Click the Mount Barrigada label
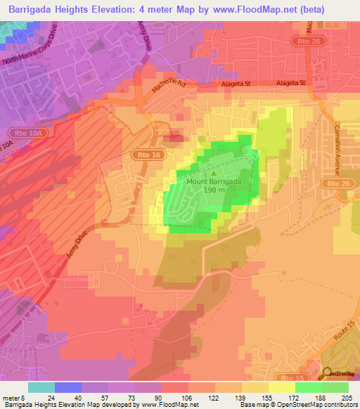213,181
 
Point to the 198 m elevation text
214,189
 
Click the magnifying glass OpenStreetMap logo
328,373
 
